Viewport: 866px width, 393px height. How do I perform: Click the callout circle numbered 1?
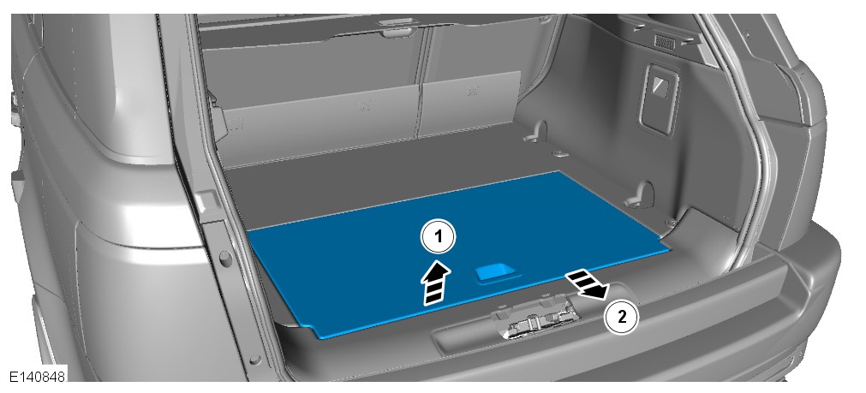[439, 237]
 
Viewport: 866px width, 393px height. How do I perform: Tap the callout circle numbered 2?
[622, 317]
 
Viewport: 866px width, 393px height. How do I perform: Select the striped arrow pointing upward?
[436, 283]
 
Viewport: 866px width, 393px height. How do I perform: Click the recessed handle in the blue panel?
[497, 273]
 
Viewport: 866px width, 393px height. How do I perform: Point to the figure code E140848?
[37, 377]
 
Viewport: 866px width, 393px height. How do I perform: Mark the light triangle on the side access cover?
[660, 85]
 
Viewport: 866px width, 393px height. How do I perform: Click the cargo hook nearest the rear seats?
[537, 133]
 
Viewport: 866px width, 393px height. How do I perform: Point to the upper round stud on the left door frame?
[226, 257]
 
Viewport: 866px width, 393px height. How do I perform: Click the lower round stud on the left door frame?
[255, 360]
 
